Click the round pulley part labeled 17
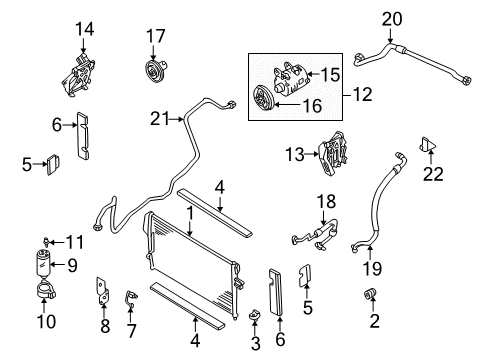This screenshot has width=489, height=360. click(154, 73)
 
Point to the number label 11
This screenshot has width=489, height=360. click(71, 241)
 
